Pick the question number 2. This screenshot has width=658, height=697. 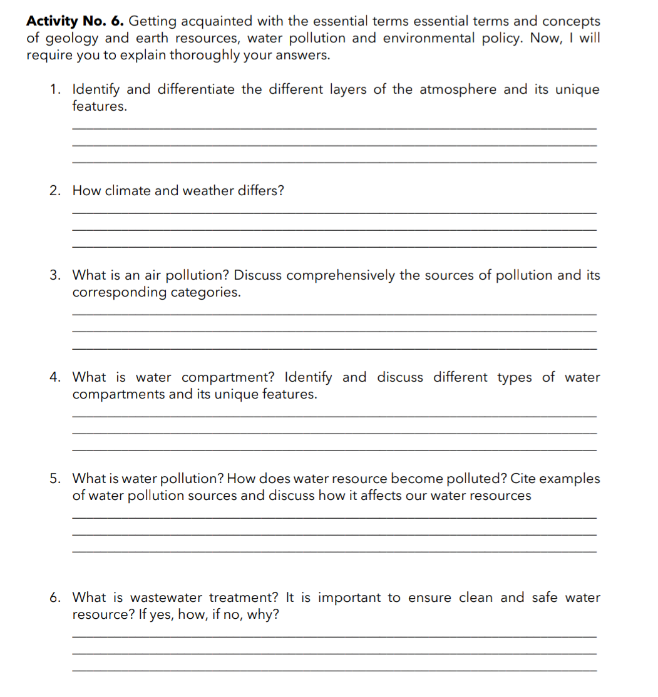tap(55, 191)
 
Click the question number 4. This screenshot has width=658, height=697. tap(55, 377)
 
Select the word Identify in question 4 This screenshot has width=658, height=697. tap(309, 377)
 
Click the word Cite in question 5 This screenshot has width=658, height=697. tap(523, 479)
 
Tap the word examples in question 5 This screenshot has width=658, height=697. tap(570, 479)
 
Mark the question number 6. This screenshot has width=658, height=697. tap(55, 598)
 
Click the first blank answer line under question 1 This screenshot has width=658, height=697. tap(334, 129)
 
